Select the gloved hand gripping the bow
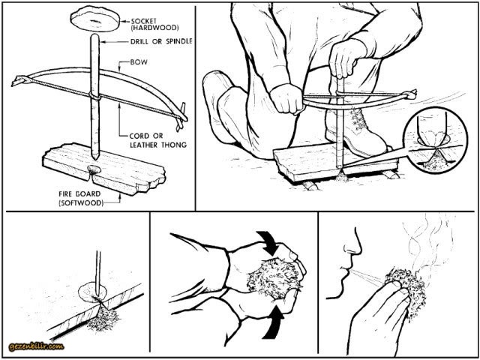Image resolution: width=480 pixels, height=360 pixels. [x=285, y=100]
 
